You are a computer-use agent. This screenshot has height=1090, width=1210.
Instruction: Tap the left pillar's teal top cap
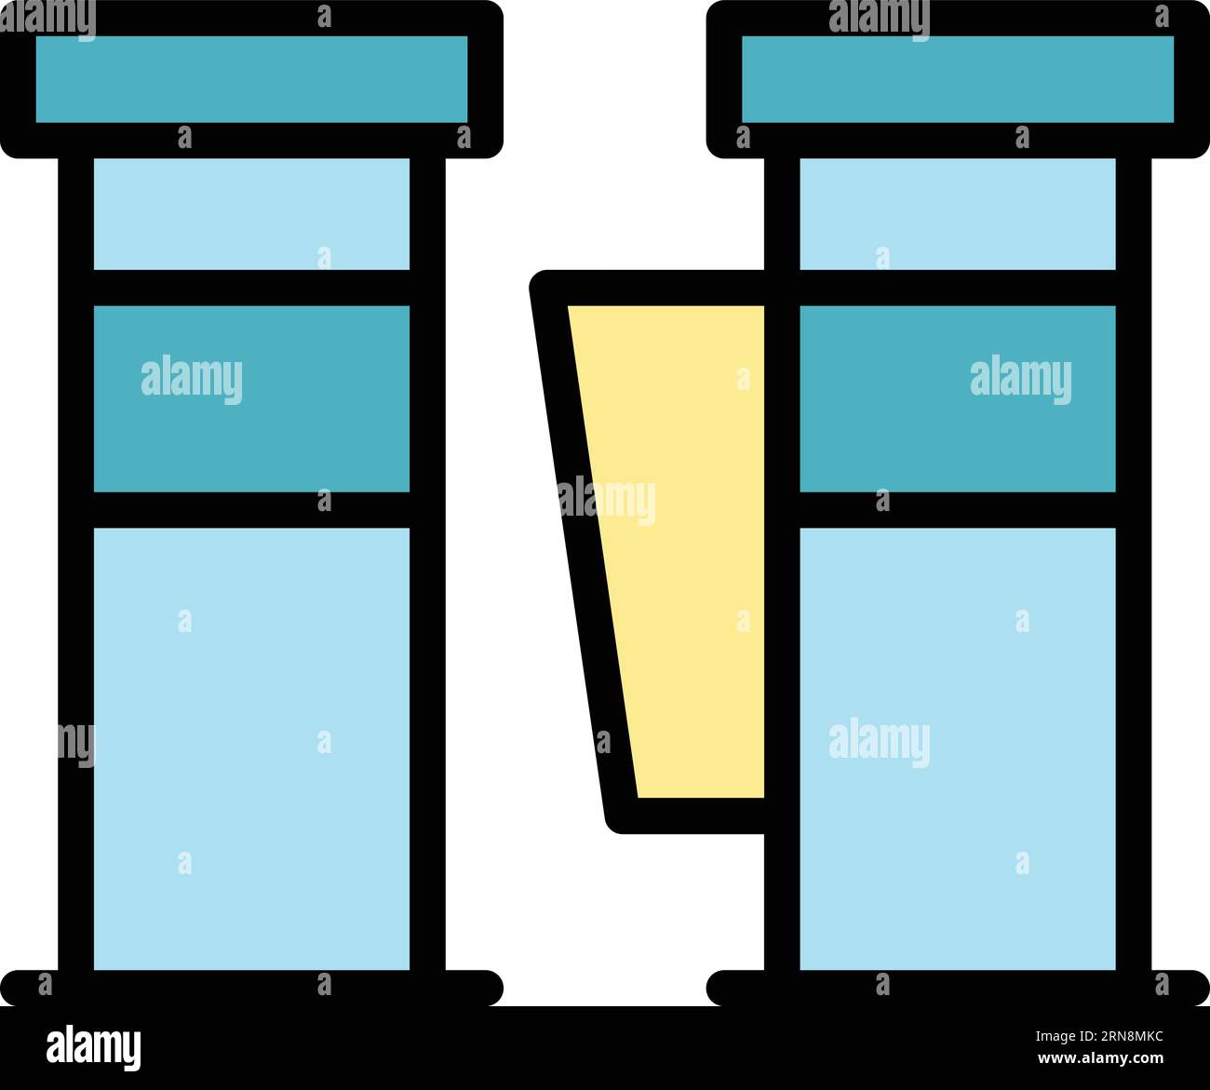251,79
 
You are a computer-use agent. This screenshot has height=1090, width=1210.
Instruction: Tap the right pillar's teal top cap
957,79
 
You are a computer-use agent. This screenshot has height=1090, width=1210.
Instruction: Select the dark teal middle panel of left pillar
251,398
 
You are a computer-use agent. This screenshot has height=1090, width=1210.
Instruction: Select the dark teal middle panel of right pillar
957,398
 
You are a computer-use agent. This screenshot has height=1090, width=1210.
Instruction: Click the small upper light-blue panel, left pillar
251,214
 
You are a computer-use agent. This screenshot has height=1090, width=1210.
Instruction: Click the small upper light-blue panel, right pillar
957,214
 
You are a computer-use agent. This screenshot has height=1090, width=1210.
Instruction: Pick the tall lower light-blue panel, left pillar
251,748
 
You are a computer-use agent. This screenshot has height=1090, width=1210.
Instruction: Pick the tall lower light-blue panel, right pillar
957,748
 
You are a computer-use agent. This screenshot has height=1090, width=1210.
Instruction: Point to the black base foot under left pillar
251,988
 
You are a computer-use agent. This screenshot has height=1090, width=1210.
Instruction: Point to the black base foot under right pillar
958,988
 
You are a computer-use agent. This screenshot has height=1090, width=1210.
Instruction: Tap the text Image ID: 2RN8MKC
1099,1036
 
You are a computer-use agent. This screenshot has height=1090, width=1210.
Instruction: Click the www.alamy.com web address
1100,1058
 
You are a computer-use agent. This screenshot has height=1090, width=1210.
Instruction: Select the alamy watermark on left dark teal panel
192,380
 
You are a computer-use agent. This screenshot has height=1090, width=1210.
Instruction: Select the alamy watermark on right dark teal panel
1021,380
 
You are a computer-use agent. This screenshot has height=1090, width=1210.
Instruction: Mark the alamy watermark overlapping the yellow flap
607,501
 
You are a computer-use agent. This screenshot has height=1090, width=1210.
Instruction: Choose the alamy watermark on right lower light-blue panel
880,743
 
